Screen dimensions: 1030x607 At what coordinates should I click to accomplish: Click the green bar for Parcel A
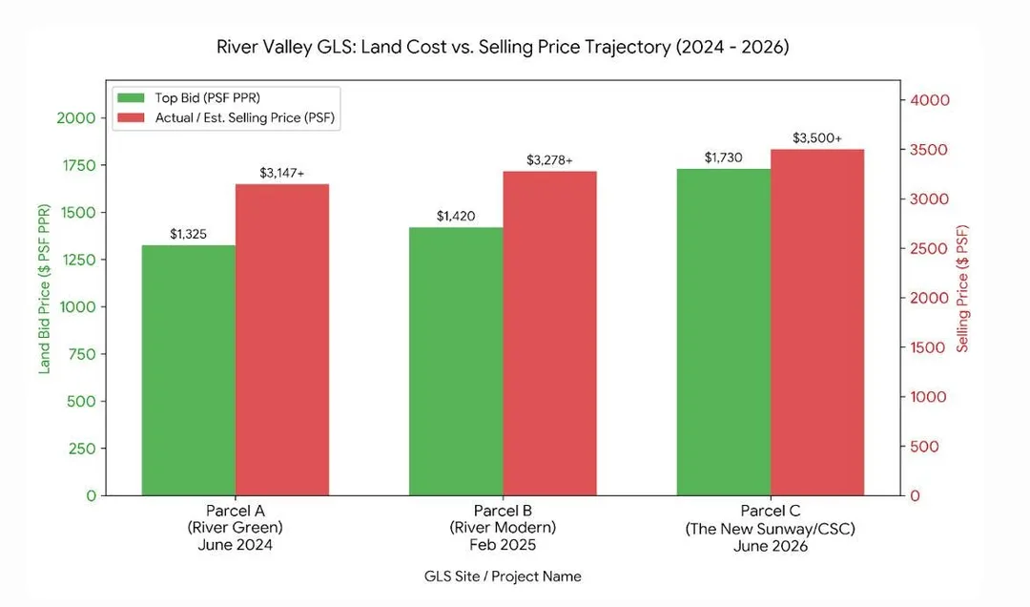[x=189, y=370]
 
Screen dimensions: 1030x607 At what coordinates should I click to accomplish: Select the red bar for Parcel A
[x=282, y=340]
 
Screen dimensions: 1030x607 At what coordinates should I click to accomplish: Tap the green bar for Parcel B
[x=456, y=361]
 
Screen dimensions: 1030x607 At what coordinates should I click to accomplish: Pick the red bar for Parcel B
[x=550, y=333]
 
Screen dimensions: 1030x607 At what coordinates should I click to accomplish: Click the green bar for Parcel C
[x=724, y=332]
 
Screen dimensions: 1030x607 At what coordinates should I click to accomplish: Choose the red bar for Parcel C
[x=818, y=323]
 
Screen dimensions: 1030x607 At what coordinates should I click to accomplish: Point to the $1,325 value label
[x=189, y=234]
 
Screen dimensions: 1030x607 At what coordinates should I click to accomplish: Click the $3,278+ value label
[x=550, y=159]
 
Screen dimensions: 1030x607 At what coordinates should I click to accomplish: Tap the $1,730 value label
[x=723, y=157]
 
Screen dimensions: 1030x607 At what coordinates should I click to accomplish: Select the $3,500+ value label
[x=817, y=138]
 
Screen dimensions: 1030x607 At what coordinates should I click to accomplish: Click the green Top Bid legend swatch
[x=131, y=98]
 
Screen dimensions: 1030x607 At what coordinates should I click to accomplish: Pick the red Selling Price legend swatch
[x=131, y=117]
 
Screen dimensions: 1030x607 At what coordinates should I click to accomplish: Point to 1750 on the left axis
[x=79, y=166]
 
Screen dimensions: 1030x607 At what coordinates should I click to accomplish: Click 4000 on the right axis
[x=930, y=100]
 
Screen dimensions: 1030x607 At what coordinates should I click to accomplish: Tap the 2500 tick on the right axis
[x=929, y=248]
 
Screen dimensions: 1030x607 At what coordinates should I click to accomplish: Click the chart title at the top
[x=503, y=48]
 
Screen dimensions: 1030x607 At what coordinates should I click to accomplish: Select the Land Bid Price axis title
[x=44, y=289]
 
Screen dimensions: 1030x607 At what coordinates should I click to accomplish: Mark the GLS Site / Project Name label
[x=503, y=576]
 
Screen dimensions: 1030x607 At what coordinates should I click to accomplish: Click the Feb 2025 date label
[x=503, y=545]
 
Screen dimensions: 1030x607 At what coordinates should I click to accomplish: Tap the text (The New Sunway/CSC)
[x=770, y=529]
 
